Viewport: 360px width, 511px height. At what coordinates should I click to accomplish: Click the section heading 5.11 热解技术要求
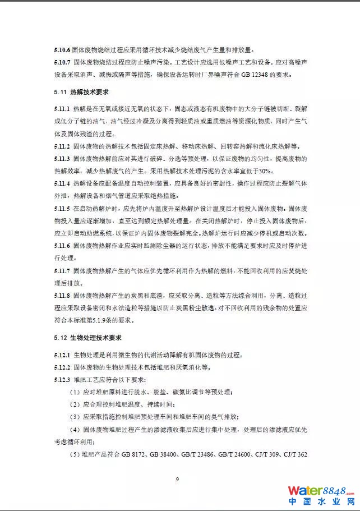(x=81, y=91)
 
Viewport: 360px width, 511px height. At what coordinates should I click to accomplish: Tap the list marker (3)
(x=75, y=417)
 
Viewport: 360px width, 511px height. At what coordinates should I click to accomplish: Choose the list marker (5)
(x=75, y=454)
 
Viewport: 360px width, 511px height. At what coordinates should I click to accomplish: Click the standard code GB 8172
(x=137, y=454)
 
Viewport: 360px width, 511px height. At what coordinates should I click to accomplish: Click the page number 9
(x=177, y=479)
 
